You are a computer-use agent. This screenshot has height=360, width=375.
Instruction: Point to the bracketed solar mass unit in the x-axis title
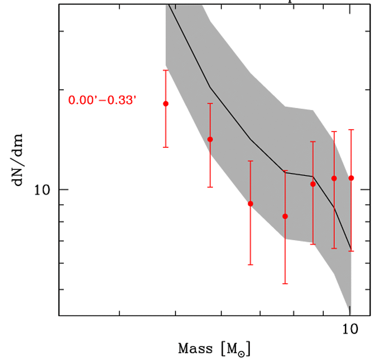coord(236,349)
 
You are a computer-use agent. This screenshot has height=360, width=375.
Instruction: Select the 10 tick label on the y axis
coord(44,190)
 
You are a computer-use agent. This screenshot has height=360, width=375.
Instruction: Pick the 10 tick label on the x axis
coord(349,329)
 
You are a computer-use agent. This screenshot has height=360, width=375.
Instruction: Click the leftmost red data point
coord(166,104)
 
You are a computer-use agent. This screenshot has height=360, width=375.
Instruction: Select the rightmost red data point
coord(351,178)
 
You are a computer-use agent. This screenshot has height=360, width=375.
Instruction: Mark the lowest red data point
coord(285,216)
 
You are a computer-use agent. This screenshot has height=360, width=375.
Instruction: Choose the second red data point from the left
coord(210,139)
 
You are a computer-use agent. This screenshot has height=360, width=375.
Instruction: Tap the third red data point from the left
coord(250,203)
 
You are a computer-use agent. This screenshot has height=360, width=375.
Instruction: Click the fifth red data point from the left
coord(313,184)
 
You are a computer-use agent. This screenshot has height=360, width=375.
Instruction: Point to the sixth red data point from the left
coord(334,178)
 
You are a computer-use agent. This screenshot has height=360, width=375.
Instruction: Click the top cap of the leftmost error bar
coord(166,70)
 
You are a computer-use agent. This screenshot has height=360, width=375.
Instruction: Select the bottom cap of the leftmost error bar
coord(166,147)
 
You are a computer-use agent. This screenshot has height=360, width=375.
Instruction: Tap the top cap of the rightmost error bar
coord(351,130)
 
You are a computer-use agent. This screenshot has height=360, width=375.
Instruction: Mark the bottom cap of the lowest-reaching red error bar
coord(285,284)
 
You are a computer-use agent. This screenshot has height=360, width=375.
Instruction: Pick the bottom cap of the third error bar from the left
coord(250,264)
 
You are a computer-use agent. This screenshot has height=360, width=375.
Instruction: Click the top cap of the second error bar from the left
coord(210,104)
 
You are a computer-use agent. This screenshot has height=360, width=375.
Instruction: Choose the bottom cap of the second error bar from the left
coord(210,187)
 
